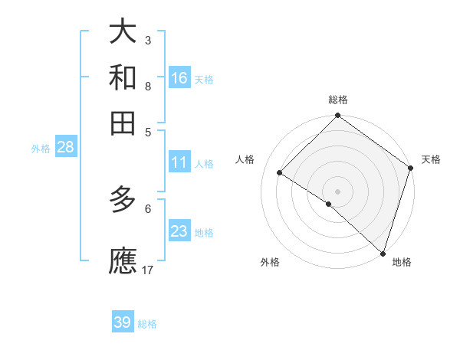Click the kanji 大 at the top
[x=123, y=31]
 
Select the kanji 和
[x=123, y=77]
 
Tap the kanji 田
[x=123, y=123]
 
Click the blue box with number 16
[x=179, y=77]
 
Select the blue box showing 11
[x=179, y=162]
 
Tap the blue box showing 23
[x=179, y=231]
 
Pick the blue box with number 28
[x=65, y=147]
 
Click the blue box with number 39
[x=123, y=322]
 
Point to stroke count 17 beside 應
[x=148, y=270]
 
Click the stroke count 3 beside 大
[x=148, y=40]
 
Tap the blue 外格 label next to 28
[x=41, y=149]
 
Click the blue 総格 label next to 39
[x=147, y=324]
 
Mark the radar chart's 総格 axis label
[x=338, y=100]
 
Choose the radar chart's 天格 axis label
[x=431, y=159]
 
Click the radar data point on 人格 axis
[x=280, y=173]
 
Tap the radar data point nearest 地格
[x=382, y=252]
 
